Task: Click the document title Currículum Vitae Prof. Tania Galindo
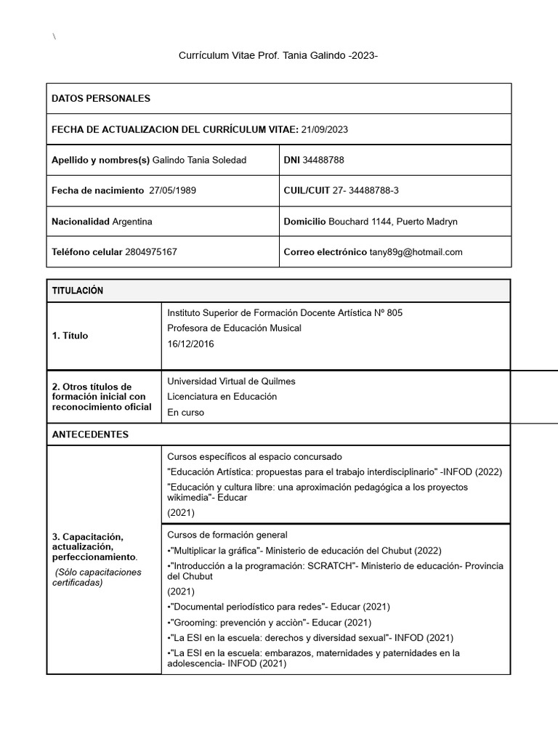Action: click(x=278, y=56)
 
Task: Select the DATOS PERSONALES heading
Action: click(x=101, y=98)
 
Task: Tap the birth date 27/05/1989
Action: click(x=172, y=190)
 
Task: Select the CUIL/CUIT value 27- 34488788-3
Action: click(x=365, y=190)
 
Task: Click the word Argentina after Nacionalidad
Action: click(x=132, y=221)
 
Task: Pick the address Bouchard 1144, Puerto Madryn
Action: click(x=392, y=221)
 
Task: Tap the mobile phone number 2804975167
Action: click(x=151, y=252)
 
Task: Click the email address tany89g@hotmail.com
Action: click(x=416, y=252)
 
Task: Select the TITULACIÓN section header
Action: click(x=78, y=291)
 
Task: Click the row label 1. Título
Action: click(x=70, y=336)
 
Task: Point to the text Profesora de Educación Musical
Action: click(x=234, y=328)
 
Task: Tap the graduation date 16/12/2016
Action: click(x=190, y=343)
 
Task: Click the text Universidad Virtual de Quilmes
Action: click(x=231, y=381)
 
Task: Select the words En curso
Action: click(x=186, y=413)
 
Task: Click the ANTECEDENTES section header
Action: click(x=90, y=434)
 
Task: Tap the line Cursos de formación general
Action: click(x=227, y=535)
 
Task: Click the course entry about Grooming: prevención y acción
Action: click(x=270, y=622)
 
